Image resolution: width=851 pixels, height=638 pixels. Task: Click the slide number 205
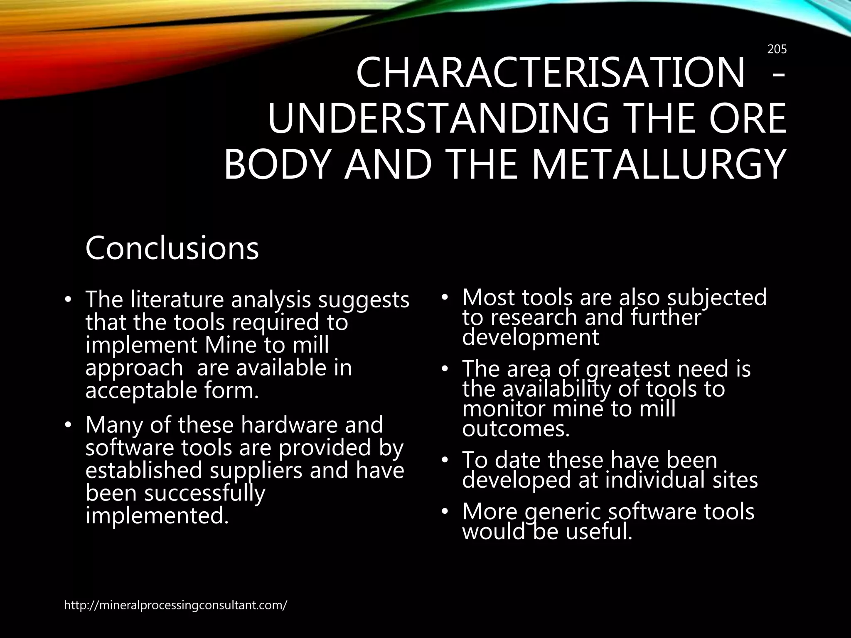tap(777, 49)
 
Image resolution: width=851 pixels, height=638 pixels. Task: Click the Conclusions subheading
tap(172, 248)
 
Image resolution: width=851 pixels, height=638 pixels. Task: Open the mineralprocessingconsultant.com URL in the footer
tap(175, 606)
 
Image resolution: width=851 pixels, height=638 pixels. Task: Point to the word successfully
tap(204, 493)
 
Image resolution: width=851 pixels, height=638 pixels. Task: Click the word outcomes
tap(516, 429)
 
